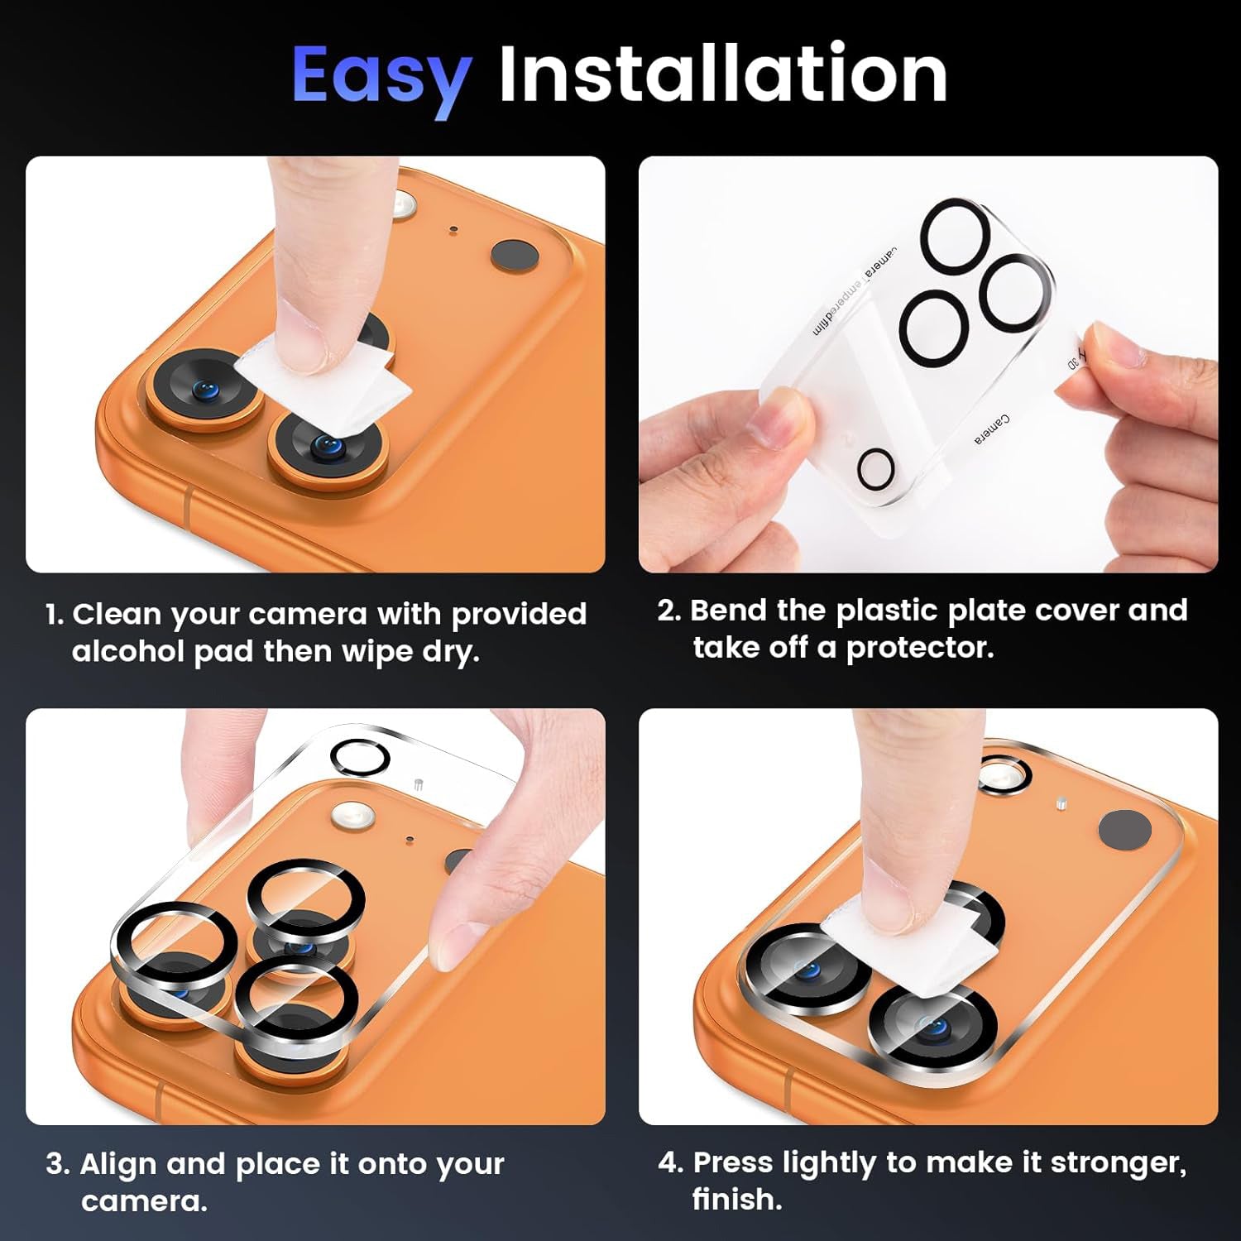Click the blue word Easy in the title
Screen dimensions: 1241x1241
pyautogui.click(x=381, y=76)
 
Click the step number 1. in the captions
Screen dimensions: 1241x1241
pyautogui.click(x=55, y=614)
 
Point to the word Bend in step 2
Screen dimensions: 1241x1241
pyautogui.click(x=728, y=610)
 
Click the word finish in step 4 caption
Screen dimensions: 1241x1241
pyautogui.click(x=737, y=1199)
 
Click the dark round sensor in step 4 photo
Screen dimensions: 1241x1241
pyautogui.click(x=1124, y=830)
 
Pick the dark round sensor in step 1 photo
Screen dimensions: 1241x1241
pyautogui.click(x=515, y=256)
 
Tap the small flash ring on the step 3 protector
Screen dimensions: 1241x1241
pyautogui.click(x=361, y=756)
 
